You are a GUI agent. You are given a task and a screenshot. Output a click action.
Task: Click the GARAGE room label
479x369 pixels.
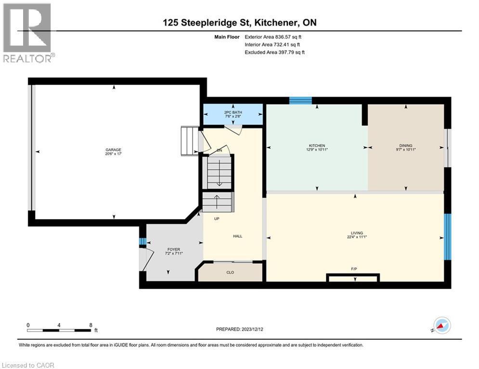pyautogui.click(x=114, y=149)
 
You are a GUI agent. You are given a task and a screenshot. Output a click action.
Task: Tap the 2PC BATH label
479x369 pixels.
pyautogui.click(x=233, y=113)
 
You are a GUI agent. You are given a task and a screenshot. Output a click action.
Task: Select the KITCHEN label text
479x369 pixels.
pyautogui.click(x=317, y=146)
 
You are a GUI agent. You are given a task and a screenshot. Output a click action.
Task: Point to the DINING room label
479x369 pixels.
pyautogui.click(x=405, y=146)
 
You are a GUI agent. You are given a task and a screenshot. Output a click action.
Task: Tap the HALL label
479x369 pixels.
pyautogui.click(x=238, y=236)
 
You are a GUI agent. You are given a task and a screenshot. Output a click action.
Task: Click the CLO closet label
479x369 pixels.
pyautogui.click(x=230, y=272)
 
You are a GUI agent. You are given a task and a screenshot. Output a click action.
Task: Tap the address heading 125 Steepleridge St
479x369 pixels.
pyautogui.click(x=239, y=23)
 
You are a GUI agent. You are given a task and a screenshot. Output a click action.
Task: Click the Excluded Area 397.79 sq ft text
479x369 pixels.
pyautogui.click(x=274, y=52)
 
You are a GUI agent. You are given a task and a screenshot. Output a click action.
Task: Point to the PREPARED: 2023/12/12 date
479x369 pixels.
pyautogui.click(x=240, y=329)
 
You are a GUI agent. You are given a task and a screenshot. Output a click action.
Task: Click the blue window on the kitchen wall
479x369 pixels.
pyautogui.click(x=300, y=100)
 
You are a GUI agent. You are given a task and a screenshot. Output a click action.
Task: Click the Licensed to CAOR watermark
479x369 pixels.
pyautogui.click(x=28, y=365)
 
